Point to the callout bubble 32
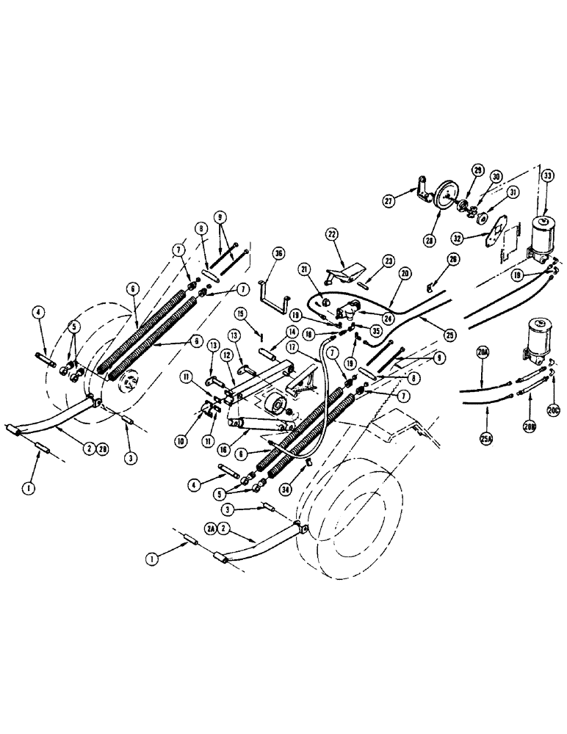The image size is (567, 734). coord(480,239)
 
